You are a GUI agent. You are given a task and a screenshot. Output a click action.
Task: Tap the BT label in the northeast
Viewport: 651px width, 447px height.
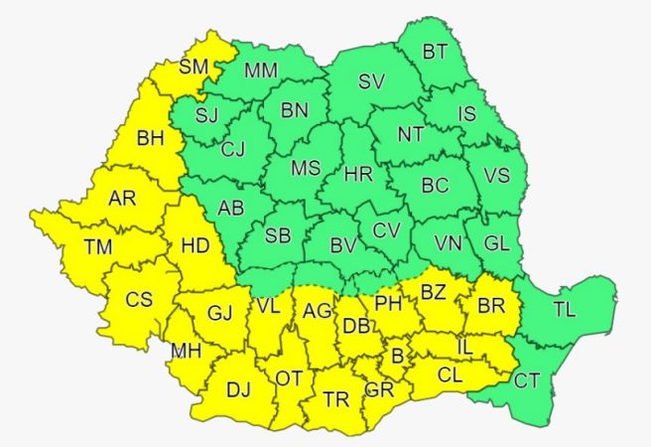pyautogui.click(x=435, y=51)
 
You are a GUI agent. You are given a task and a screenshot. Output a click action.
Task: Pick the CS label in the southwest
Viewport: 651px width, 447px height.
pyautogui.click(x=139, y=298)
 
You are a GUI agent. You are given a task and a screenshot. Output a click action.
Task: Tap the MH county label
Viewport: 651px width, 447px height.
pyautogui.click(x=186, y=351)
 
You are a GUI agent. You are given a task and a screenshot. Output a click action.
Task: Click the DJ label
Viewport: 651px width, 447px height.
pyautogui.click(x=238, y=390)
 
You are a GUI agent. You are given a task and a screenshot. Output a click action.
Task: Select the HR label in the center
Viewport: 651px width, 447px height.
pyautogui.click(x=358, y=176)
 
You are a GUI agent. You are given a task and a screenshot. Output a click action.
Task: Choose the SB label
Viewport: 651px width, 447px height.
pyautogui.click(x=278, y=235)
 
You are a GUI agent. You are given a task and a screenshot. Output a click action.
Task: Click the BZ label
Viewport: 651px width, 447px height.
pyautogui.click(x=434, y=292)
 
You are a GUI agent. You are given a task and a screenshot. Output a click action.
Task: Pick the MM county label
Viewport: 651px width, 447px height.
pyautogui.click(x=260, y=71)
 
